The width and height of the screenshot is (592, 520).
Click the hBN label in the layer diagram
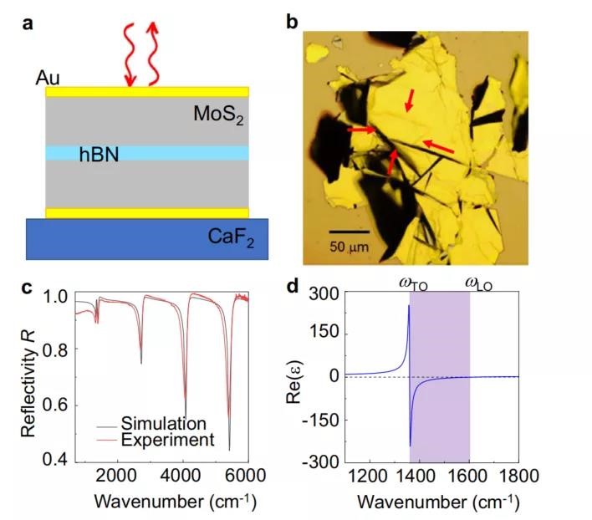(x=99, y=155)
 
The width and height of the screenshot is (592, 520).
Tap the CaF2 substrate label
(x=231, y=237)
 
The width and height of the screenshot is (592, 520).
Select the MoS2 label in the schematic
(x=218, y=114)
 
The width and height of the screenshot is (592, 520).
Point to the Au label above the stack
(x=48, y=78)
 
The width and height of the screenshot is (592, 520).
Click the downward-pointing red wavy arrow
(x=130, y=55)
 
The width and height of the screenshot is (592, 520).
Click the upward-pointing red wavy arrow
(x=152, y=54)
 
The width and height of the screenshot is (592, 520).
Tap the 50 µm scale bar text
(x=349, y=247)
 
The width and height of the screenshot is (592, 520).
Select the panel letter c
(x=27, y=288)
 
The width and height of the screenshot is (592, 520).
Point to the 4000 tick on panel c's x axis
(x=180, y=475)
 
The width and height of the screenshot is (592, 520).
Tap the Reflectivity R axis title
(x=28, y=384)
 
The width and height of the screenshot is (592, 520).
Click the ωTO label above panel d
(x=413, y=284)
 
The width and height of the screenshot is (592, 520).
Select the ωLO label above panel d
(x=479, y=284)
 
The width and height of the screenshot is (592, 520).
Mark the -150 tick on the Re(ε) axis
(x=324, y=420)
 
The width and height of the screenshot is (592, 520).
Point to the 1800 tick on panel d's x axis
(x=518, y=477)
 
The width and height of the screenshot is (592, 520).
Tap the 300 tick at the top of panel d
(x=324, y=293)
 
